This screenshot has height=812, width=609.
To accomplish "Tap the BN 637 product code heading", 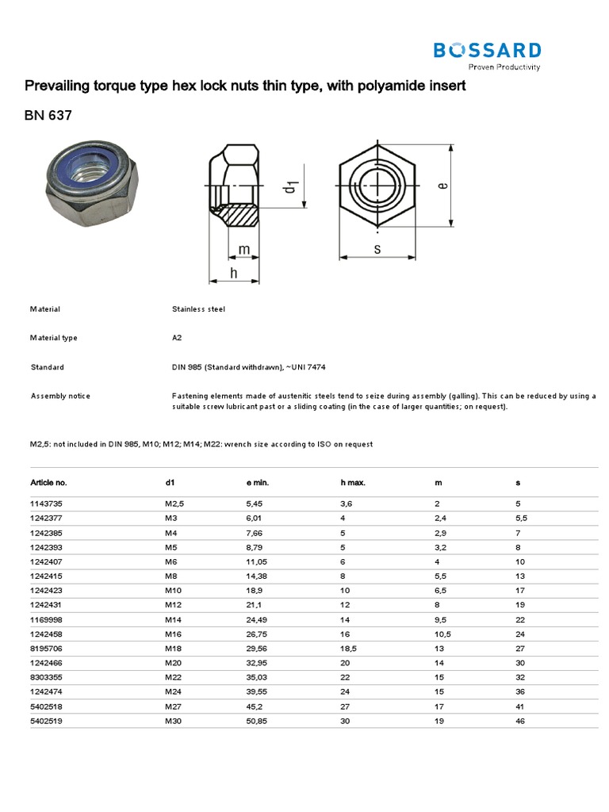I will coord(48,116).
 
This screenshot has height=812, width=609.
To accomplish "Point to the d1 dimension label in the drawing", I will coord(290,187).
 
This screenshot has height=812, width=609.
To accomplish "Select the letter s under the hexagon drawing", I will coord(377,250).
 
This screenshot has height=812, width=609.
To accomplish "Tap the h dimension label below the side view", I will coord(234,273).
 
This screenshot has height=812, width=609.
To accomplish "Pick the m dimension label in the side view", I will coord(244,250).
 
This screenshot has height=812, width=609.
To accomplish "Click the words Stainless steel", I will coord(198,309).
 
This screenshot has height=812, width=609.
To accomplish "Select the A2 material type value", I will coord(177,338).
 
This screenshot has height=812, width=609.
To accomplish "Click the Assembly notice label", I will coord(60,396).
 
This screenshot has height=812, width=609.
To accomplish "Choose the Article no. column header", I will coord(48,482).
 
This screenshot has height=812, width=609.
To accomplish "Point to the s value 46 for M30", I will coord(520,721).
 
